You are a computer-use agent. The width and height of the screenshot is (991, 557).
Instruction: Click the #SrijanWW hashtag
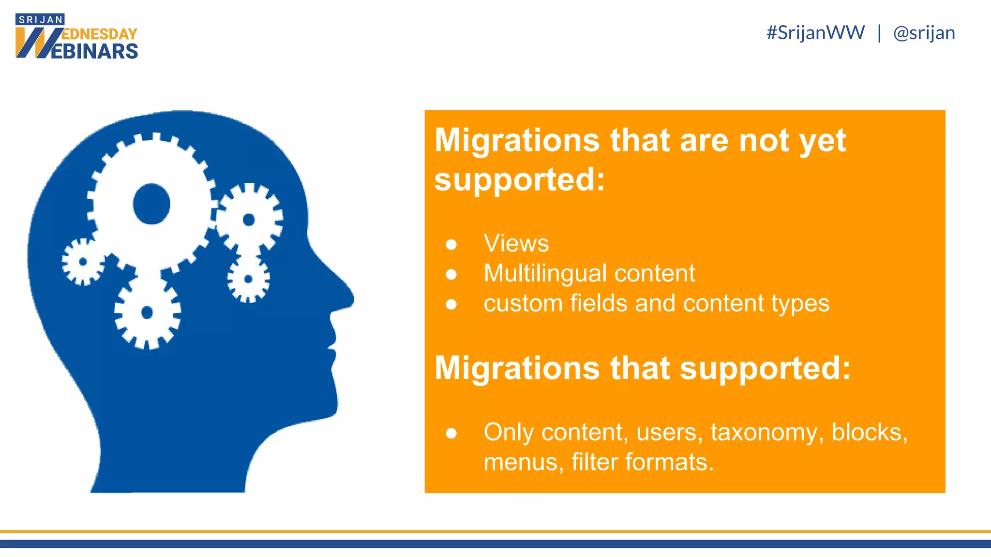[815, 33]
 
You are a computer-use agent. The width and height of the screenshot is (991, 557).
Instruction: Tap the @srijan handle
[924, 33]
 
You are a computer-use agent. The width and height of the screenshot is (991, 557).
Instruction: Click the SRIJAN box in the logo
[40, 20]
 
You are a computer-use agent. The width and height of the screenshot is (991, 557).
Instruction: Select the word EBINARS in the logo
[94, 51]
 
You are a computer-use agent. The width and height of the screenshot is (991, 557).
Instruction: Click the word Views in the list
[516, 243]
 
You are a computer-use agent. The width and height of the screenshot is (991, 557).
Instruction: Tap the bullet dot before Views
[451, 245]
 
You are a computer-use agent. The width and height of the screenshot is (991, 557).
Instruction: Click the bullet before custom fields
[451, 305]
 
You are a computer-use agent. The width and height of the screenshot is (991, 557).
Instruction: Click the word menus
[524, 462]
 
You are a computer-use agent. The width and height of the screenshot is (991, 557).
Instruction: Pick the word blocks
[869, 432]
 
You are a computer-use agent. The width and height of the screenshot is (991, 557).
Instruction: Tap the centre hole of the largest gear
[151, 204]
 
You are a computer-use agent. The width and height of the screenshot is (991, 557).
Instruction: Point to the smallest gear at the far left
[83, 262]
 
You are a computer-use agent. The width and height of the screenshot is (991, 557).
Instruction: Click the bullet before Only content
[451, 433]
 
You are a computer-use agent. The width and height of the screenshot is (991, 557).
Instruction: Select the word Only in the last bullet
[508, 432]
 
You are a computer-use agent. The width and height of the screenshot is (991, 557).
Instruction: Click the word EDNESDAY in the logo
[100, 34]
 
